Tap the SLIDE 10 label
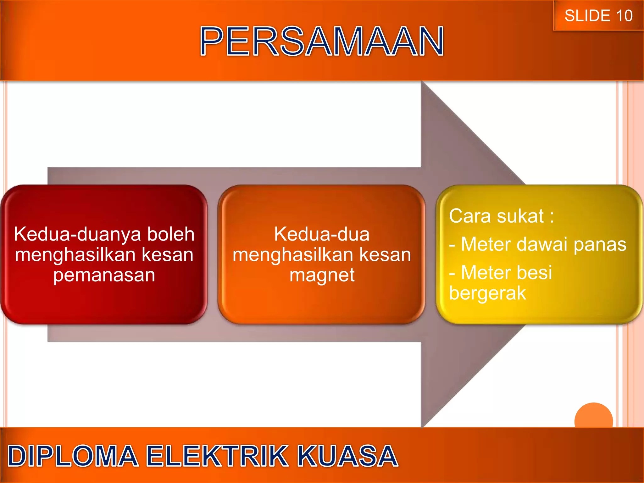click(598, 16)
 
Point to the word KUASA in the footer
click(348, 456)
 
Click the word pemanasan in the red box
click(104, 275)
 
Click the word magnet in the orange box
click(322, 276)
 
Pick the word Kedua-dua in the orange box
click(322, 234)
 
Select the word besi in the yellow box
click(538, 272)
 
